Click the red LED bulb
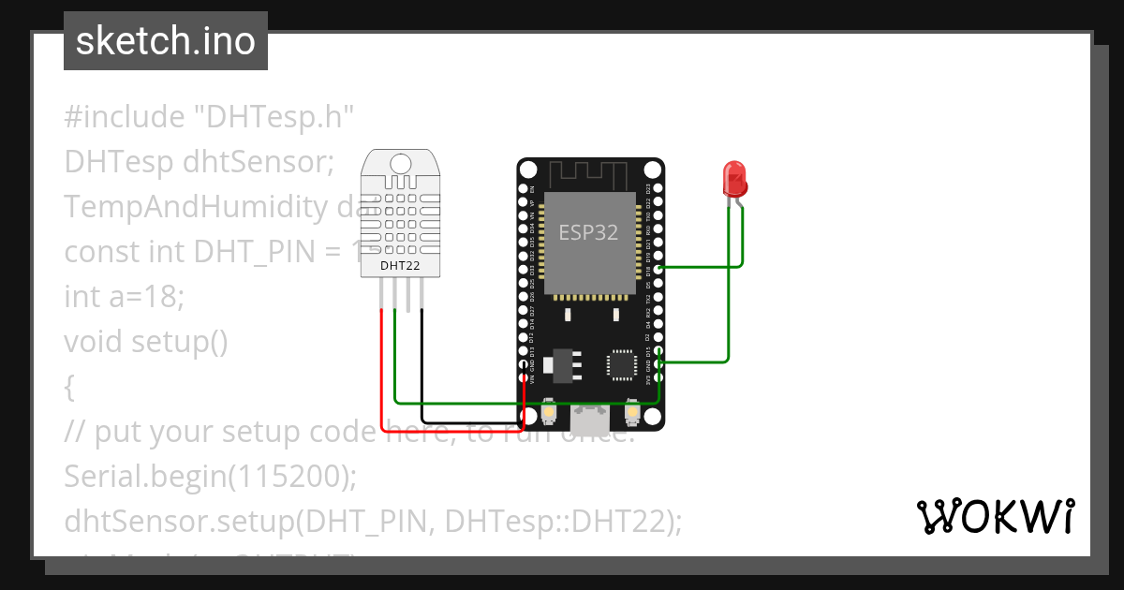[733, 178]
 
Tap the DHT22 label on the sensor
[400, 266]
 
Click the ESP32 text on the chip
[588, 232]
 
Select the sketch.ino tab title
[166, 41]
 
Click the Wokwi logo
[995, 516]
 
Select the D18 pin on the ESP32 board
[659, 269]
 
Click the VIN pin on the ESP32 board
[523, 377]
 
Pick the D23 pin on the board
[659, 188]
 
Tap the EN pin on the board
[523, 188]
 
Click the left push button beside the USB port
[549, 413]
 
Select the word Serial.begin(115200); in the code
[211, 477]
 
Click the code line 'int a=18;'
[125, 297]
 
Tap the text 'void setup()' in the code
[146, 342]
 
